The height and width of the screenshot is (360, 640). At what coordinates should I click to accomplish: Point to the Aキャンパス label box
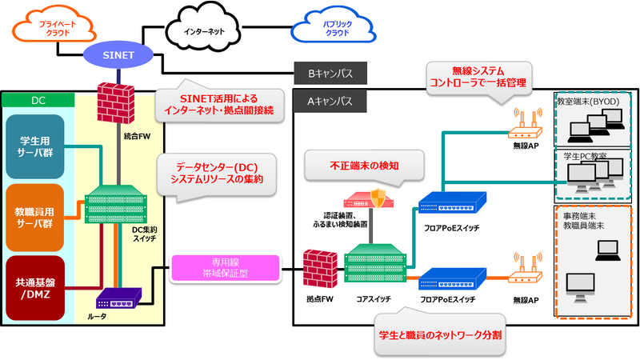click(x=330, y=102)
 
